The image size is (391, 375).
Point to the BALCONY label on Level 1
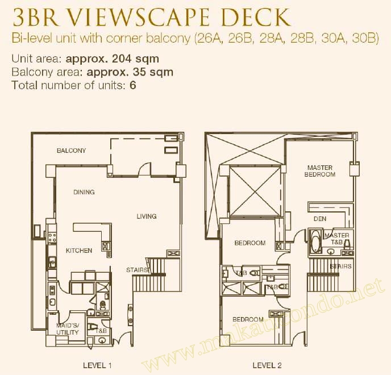71,151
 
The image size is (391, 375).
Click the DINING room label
84,192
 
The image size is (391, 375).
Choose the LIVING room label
146,216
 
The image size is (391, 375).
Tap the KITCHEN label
78,251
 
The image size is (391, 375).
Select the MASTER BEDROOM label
319,171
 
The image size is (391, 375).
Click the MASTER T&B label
336,239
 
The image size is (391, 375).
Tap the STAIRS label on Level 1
137,270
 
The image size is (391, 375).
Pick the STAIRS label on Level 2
340,266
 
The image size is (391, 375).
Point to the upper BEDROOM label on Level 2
250,243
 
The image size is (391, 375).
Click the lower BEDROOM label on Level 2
248,319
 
